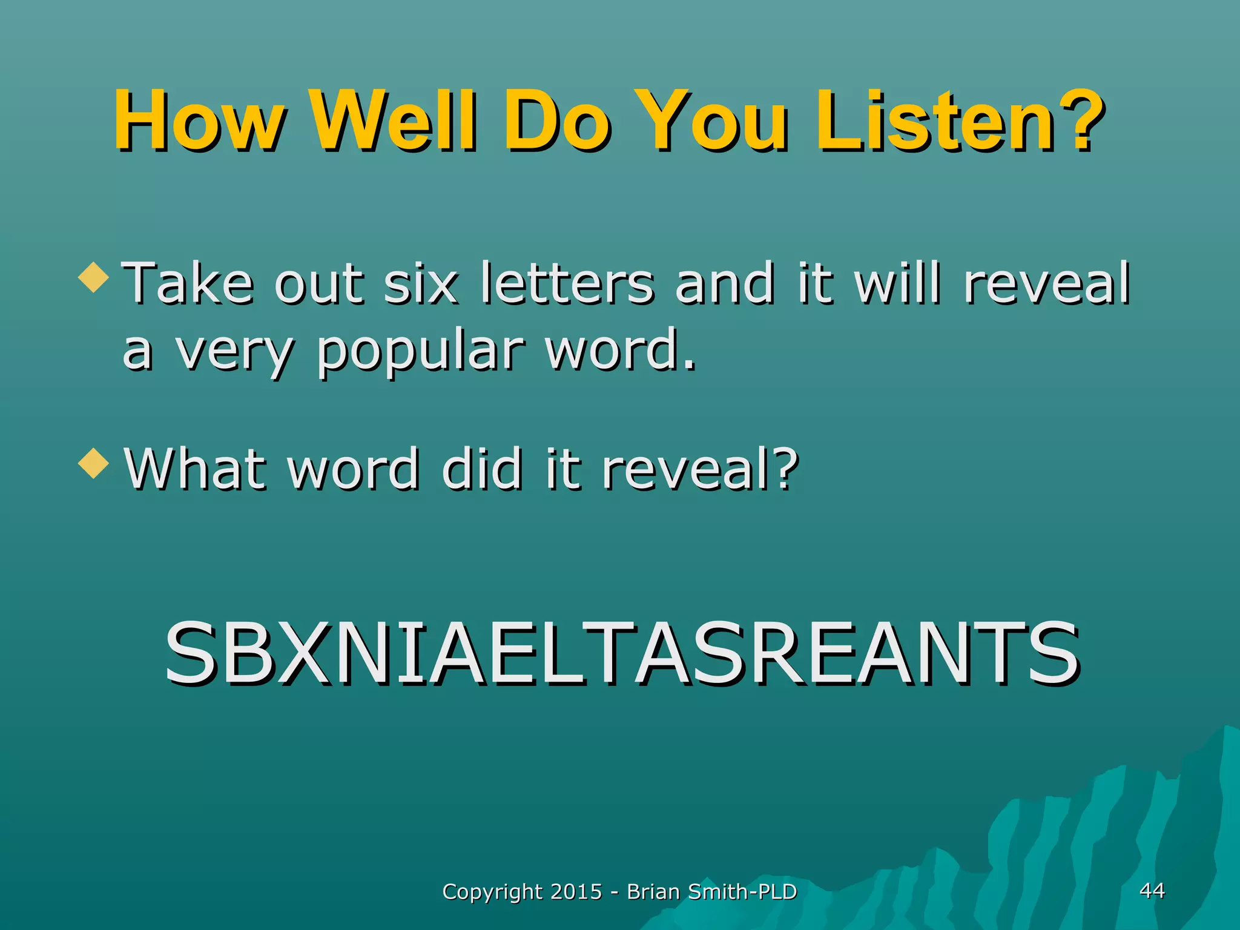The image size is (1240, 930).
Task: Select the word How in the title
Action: pos(200,121)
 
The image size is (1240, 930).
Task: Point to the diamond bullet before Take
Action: pos(94,278)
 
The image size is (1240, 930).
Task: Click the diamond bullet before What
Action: pos(94,464)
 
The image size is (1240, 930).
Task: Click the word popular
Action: pos(421,351)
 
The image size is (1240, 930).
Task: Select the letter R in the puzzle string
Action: pos(774,654)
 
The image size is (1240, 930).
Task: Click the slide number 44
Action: pos(1152,890)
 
